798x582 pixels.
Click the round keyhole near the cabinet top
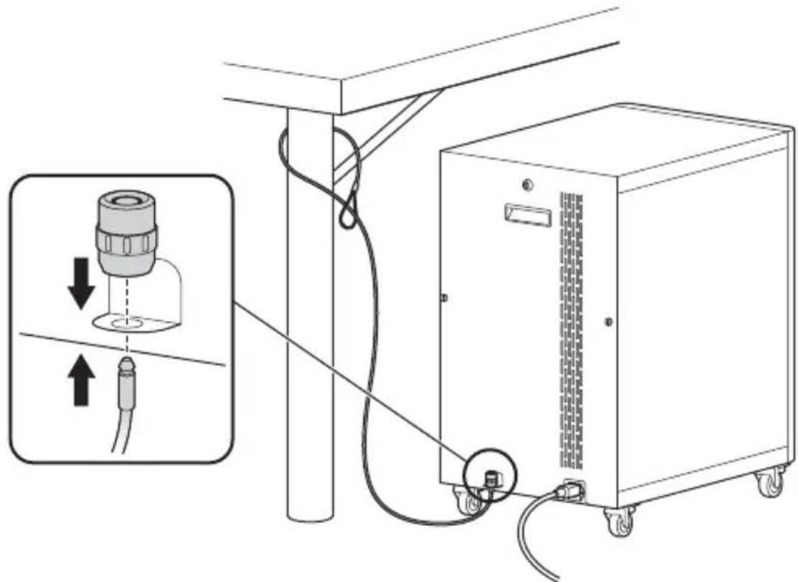coord(524,184)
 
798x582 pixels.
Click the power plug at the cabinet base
coord(571,489)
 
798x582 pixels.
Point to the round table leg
coord(310,317)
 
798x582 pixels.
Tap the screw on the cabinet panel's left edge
coord(443,298)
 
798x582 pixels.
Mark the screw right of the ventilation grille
coord(608,322)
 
